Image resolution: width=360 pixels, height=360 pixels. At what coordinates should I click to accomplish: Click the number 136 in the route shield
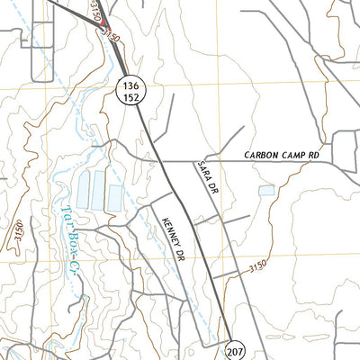pos(130,84)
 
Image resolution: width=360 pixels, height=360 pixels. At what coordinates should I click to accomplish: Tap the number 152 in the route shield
pos(130,95)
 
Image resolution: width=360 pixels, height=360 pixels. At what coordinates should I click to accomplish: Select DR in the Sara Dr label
pos(212,189)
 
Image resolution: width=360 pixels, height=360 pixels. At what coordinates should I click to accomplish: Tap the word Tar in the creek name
pos(67,216)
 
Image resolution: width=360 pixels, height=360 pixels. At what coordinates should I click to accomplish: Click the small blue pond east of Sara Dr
pos(266,190)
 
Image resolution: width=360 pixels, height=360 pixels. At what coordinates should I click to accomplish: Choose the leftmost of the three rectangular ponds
pos(84,189)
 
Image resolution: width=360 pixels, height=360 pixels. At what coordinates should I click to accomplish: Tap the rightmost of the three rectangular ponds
pos(115,198)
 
